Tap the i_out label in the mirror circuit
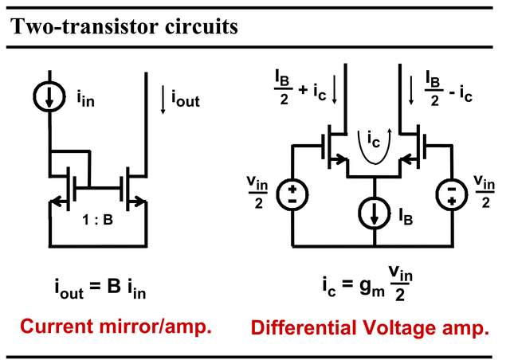(184, 101)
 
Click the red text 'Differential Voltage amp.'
(369, 327)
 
